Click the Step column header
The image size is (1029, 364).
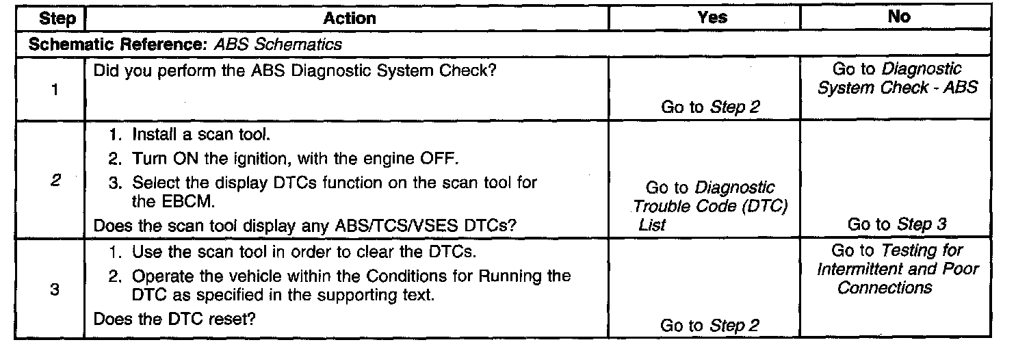[57, 18]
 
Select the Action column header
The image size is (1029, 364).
[349, 18]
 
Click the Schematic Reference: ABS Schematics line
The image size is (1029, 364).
[186, 45]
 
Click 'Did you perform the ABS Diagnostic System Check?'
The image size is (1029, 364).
[294, 71]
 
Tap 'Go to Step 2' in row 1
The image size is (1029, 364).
[709, 107]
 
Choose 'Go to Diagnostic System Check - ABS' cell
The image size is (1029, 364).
[897, 79]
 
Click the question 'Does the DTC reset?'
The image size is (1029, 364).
[174, 319]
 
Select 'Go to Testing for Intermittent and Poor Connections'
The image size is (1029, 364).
[897, 269]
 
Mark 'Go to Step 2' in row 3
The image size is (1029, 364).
[709, 326]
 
